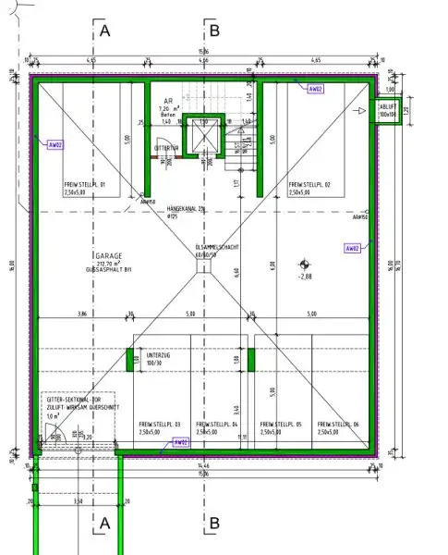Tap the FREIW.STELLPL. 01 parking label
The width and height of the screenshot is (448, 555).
[x=85, y=185]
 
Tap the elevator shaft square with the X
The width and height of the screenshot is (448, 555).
[x=202, y=137]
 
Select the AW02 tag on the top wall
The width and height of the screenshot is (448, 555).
[x=315, y=89]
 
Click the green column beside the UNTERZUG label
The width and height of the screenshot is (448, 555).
[x=129, y=359]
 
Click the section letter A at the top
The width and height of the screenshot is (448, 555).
[x=104, y=31]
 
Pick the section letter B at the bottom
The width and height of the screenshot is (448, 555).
[x=213, y=523]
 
